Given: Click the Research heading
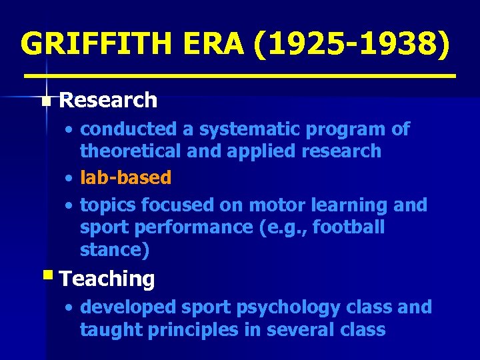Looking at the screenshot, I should [108, 101].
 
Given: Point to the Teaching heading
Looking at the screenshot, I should [107, 279].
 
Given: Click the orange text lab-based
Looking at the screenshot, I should [125, 177].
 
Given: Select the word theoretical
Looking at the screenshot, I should [127, 151].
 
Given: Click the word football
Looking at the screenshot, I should [349, 227].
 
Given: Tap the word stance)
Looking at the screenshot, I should [115, 250].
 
